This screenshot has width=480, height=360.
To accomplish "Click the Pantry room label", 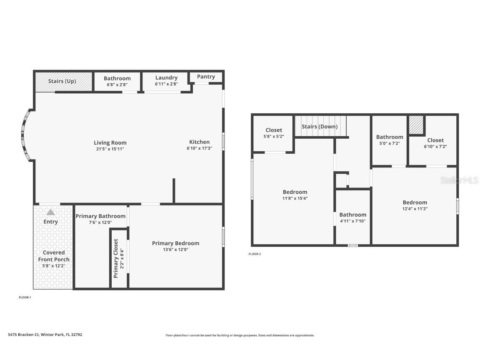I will coord(206,77).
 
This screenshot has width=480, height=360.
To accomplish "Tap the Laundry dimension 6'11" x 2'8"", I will coord(166,84).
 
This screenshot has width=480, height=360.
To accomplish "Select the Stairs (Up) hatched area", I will coord(63,81).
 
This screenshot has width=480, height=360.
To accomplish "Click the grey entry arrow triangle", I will coord(50,212).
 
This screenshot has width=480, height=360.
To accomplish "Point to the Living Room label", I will coord(110,142).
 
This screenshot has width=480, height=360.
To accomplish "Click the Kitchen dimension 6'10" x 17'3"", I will coord(199,148).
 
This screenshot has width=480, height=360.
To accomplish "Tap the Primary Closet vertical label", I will coord(116,258).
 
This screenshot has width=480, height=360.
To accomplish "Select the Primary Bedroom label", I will coord(175,243).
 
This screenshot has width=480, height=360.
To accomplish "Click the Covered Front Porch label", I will coord(54,256).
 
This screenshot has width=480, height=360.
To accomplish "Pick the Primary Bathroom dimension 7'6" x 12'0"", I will coord(100,222).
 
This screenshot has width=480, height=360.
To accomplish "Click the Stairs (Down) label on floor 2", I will coord(320,126).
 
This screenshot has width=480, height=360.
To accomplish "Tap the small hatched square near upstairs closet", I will coord(415,125).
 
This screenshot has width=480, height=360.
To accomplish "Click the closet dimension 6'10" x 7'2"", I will coord(435,146).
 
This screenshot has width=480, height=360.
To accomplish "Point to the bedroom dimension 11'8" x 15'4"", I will coord(295,198).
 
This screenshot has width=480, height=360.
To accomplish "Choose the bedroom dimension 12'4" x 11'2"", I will coord(415,209).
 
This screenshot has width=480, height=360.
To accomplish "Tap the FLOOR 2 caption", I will coord(255,254).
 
